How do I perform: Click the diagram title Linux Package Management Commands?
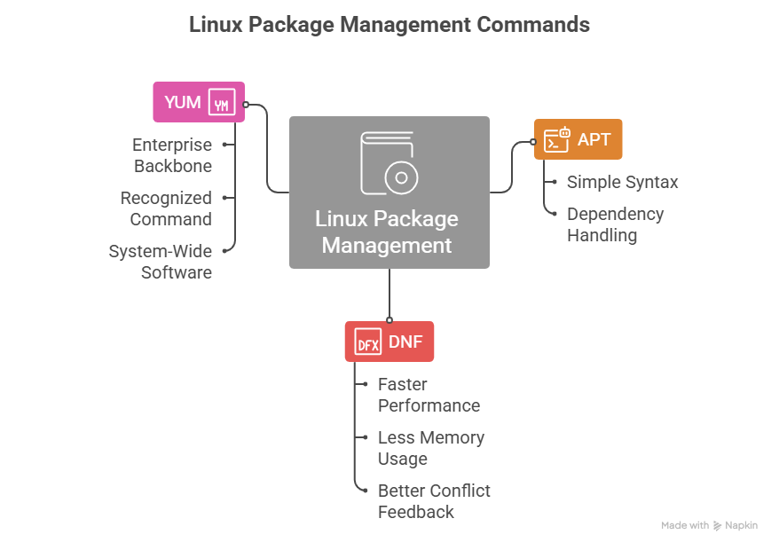[x=389, y=24]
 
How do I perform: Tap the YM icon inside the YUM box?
[x=222, y=103]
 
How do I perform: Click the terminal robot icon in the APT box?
[x=556, y=139]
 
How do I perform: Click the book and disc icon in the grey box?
[x=389, y=163]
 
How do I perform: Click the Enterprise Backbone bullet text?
[x=172, y=155]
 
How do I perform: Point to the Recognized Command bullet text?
[x=166, y=208]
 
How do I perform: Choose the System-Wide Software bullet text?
[x=160, y=262]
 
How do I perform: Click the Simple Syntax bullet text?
[x=622, y=182]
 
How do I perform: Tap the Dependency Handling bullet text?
[x=615, y=224]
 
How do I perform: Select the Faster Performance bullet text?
[x=429, y=395]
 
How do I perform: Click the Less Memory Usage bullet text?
[x=430, y=448]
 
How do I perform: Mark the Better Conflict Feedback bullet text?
[x=433, y=501]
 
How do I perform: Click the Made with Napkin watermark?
[x=709, y=525]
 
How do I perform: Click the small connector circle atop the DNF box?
[x=389, y=319]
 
